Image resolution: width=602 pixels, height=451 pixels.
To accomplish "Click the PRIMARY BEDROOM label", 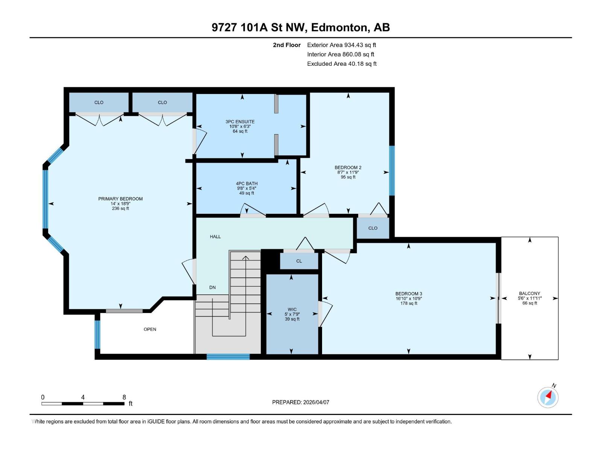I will (120, 199).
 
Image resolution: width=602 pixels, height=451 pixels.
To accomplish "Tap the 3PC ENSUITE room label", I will (240, 122).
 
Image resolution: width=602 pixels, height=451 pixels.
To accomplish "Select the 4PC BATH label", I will (247, 184).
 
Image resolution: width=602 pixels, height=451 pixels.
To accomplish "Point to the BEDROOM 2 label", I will (348, 168).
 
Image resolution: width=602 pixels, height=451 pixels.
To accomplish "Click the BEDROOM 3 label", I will (409, 294).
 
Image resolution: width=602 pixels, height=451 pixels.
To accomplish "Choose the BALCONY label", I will (529, 294).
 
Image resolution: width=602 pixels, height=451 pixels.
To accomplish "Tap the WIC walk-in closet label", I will (292, 310).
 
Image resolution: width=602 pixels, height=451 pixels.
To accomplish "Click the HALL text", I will (215, 237).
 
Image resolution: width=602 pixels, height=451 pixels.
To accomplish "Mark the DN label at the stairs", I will (213, 288).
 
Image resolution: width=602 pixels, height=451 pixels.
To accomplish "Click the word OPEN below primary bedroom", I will (150, 329).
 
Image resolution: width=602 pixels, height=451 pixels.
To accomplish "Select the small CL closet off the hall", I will (299, 261).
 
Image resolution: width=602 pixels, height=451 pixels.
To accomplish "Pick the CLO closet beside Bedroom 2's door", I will (373, 228).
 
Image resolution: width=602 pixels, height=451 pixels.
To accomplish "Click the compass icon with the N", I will (548, 397).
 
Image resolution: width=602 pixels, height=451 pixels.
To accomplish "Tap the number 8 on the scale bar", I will (124, 397).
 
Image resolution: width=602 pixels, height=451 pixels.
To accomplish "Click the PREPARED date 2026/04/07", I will (301, 402).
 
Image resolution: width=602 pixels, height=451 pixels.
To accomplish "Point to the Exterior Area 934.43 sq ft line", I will (341, 45).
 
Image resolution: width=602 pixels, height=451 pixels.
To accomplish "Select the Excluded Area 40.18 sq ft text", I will (342, 64).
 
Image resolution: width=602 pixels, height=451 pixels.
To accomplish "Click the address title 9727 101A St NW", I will (301, 27).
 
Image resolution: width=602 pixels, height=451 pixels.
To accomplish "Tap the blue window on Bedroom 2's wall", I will (392, 171).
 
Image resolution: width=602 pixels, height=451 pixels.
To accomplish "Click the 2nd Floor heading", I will (287, 45).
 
